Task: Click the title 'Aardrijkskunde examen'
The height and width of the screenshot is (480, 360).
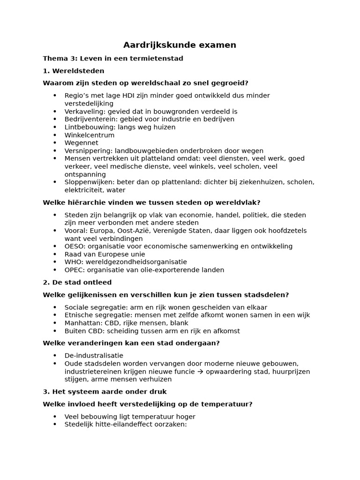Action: pos(180,45)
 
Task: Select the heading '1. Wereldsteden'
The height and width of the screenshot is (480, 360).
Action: pos(74,71)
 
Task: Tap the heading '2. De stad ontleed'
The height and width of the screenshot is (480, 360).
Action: pos(77,282)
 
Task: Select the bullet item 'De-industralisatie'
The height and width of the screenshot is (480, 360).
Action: pos(94,356)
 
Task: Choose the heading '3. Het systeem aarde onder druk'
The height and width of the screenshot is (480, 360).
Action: pos(105,391)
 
